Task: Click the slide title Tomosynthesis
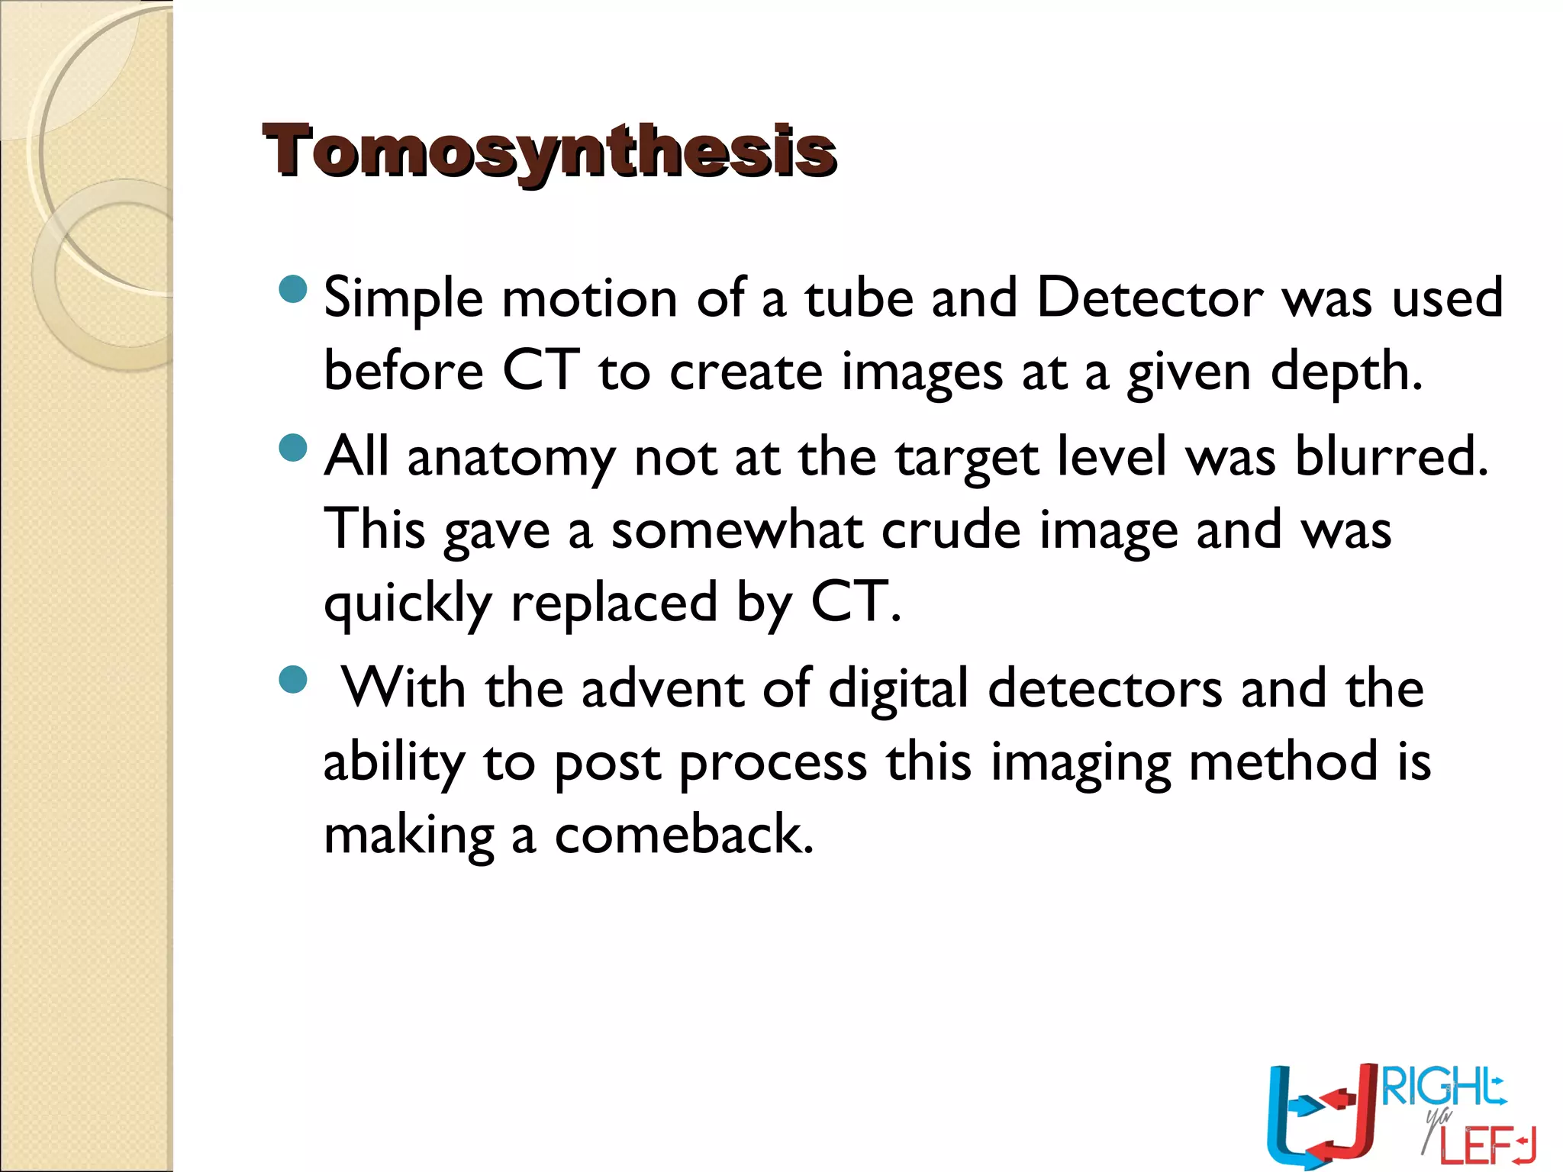tap(549, 151)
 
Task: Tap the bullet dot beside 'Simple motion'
tap(293, 289)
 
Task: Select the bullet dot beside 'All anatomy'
tap(293, 448)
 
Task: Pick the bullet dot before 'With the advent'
tap(293, 679)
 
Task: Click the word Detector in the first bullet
tap(1149, 298)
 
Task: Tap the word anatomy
tap(511, 458)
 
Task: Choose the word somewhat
tap(736, 530)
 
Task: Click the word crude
tap(951, 530)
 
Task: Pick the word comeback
tap(684, 835)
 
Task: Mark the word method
tap(1284, 761)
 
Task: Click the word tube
tap(859, 298)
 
